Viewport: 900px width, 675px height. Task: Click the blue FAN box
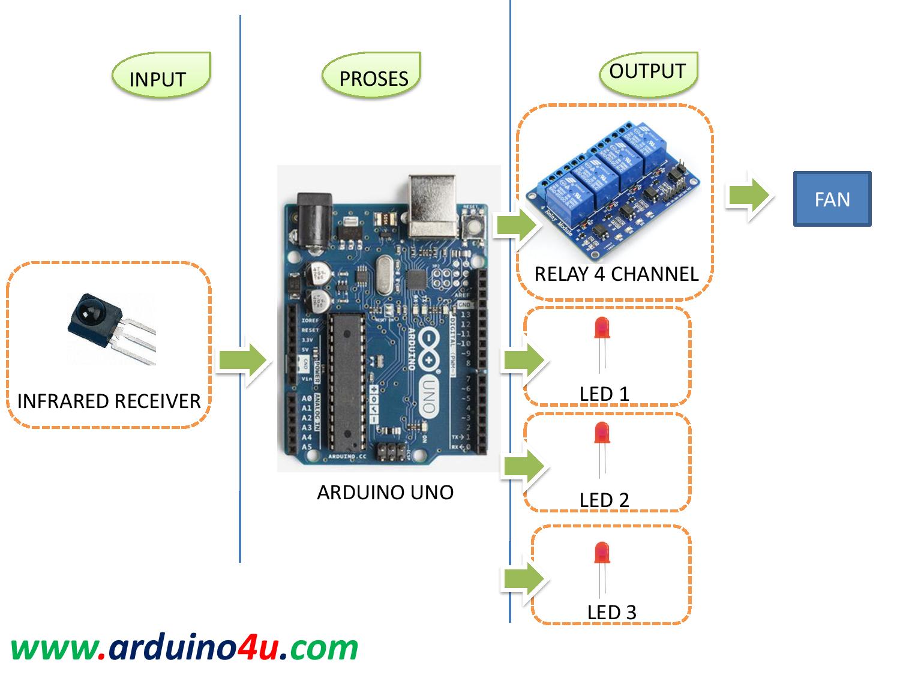pos(832,199)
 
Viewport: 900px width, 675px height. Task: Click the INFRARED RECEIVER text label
pos(109,401)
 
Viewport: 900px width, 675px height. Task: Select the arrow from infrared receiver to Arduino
pos(242,360)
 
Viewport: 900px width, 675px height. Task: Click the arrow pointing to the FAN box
pos(749,196)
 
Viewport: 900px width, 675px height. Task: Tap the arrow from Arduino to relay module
pos(516,226)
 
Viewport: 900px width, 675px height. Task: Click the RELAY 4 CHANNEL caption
pos(616,274)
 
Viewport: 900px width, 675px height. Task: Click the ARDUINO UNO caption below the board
pos(385,492)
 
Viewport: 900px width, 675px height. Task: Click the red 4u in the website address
pos(257,648)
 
